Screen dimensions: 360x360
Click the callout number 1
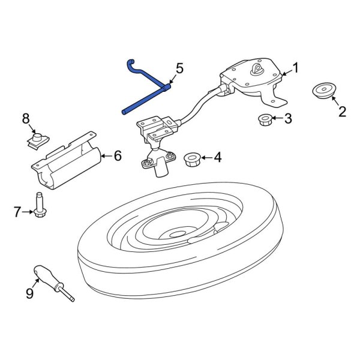click(295, 68)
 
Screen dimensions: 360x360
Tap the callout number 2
click(342, 112)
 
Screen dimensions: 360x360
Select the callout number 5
click(179, 68)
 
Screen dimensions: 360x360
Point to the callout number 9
click(29, 293)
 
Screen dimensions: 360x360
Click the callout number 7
click(17, 212)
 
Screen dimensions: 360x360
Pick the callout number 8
click(26, 119)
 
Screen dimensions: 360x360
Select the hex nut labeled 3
click(265, 120)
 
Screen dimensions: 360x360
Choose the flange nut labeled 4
click(193, 160)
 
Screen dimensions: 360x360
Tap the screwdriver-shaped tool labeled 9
click(53, 283)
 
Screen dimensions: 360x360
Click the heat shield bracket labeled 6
click(67, 161)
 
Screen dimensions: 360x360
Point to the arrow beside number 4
click(207, 157)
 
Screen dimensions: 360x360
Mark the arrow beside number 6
click(107, 156)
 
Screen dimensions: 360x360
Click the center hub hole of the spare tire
click(178, 235)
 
